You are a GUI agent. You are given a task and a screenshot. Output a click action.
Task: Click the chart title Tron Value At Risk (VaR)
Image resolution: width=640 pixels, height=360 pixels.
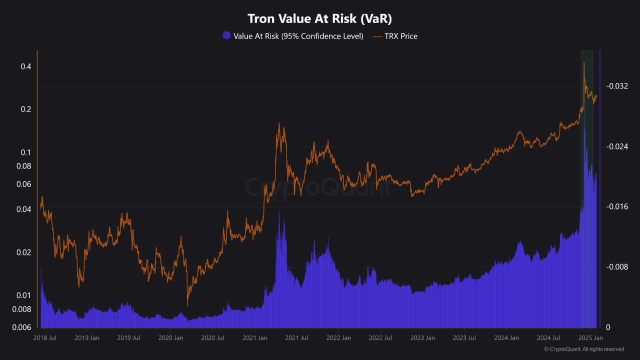click(x=320, y=18)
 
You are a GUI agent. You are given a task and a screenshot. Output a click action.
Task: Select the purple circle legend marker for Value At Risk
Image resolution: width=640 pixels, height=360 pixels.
click(x=226, y=36)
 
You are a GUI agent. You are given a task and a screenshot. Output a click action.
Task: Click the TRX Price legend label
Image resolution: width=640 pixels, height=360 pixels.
click(x=400, y=36)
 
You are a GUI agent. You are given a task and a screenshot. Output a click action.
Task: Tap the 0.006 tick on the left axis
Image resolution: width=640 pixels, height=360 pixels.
click(x=22, y=327)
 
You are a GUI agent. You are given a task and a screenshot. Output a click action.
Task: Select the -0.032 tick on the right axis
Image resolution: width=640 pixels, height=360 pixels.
click(x=616, y=86)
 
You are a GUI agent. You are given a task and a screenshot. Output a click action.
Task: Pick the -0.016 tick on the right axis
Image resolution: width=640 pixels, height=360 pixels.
click(x=616, y=206)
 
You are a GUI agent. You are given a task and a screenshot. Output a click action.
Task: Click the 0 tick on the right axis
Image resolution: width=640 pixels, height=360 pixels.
click(x=608, y=327)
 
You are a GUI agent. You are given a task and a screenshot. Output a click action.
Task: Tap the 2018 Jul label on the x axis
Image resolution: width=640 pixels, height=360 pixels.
click(x=45, y=338)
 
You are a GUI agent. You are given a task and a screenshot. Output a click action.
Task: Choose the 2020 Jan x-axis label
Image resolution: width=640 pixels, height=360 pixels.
click(x=170, y=338)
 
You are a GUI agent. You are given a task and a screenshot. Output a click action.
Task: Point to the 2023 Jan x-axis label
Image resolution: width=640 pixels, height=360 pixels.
click(x=422, y=338)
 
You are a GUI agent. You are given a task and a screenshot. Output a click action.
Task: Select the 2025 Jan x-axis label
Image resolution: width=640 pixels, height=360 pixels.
click(x=590, y=338)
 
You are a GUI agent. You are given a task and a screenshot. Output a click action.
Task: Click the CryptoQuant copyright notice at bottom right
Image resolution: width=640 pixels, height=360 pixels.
click(x=583, y=349)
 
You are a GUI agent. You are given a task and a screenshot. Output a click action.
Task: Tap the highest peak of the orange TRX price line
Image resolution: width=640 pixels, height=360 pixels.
click(x=583, y=62)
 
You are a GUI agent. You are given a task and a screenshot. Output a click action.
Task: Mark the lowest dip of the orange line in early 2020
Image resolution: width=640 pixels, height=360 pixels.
click(x=187, y=305)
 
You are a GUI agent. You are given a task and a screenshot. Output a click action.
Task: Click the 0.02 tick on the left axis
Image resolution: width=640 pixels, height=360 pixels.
click(x=24, y=252)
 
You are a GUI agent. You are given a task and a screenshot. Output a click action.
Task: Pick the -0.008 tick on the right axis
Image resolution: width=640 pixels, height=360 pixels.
click(x=616, y=267)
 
